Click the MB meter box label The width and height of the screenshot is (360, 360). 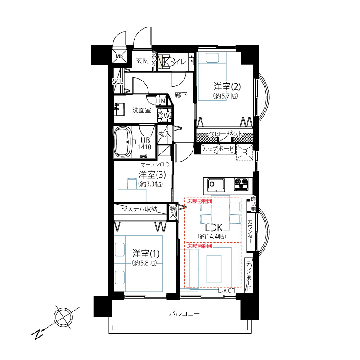pos(119,56)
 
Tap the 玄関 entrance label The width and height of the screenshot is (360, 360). pos(142,61)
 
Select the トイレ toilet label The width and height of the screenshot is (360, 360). pos(178,62)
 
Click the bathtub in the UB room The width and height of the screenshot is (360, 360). pos(123,142)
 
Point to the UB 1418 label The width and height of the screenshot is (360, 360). pos(144,144)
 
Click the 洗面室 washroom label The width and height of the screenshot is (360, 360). pos(142,110)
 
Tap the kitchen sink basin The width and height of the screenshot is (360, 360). pos(216,185)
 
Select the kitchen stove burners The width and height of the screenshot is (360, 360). pos(241,184)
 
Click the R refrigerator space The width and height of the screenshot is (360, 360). pos(244,152)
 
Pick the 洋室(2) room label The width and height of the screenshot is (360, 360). pos(227,87)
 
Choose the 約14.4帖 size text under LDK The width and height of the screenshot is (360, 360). pos(212,236)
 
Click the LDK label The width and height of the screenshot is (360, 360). pos(213,228)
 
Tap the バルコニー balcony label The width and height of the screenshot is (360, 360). pos(184,313)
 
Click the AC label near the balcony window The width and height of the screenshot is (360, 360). pos(227,290)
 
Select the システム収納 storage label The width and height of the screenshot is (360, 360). pos(139,209)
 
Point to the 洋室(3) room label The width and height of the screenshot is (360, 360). pos(152,175)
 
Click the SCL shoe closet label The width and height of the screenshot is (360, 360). pos(117,81)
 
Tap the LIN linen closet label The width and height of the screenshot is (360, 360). pos(161,100)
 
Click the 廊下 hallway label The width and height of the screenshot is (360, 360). pos(181,95)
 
